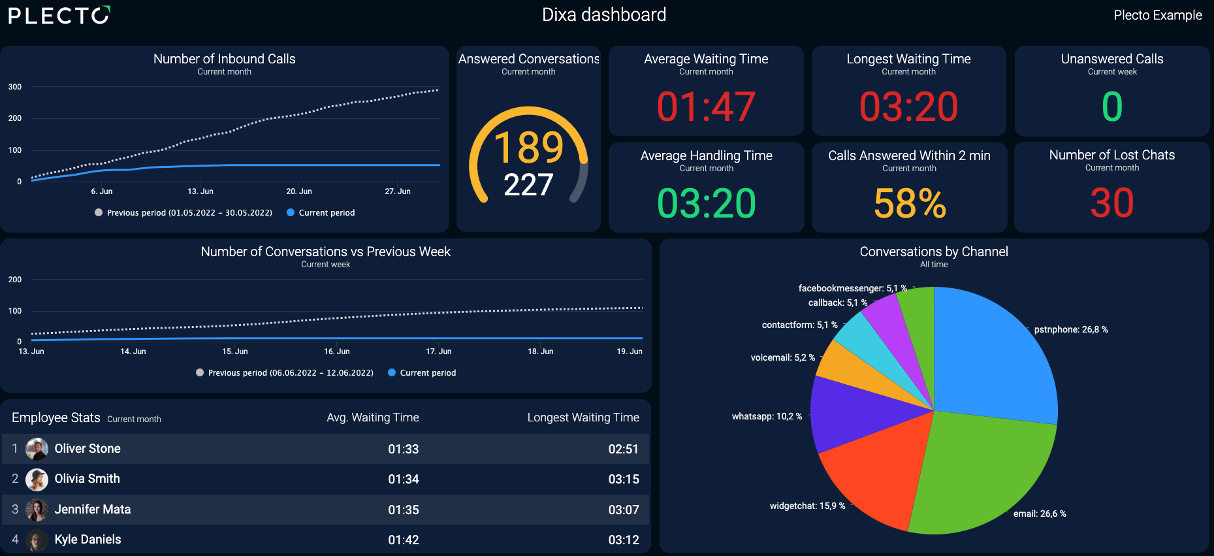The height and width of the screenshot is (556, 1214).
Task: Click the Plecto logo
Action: tap(59, 15)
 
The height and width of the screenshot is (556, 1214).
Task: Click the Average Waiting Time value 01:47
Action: tap(706, 106)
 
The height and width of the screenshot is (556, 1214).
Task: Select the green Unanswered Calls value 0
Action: tap(1112, 106)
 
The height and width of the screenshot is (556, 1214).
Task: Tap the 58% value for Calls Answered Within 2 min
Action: tap(910, 203)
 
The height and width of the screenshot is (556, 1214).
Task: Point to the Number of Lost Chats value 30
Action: tap(1112, 203)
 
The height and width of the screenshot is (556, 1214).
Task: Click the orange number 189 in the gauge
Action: tap(528, 147)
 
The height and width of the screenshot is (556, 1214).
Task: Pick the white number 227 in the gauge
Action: tap(528, 184)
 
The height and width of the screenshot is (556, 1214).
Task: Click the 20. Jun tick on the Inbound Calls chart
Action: tap(299, 191)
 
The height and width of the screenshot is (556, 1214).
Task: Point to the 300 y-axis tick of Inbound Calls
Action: tap(15, 87)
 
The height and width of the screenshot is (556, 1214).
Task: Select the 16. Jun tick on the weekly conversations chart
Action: tap(337, 352)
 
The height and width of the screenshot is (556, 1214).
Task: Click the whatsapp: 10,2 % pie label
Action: tap(767, 416)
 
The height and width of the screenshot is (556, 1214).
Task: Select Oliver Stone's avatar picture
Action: tap(37, 449)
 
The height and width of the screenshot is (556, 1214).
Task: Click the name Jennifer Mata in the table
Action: tap(93, 509)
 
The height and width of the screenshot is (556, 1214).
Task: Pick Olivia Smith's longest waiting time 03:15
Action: tap(624, 479)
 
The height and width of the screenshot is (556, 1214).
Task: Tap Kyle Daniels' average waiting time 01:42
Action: tap(404, 540)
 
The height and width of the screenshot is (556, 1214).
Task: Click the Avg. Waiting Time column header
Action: tap(373, 417)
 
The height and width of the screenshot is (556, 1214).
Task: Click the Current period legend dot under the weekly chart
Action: tap(392, 372)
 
